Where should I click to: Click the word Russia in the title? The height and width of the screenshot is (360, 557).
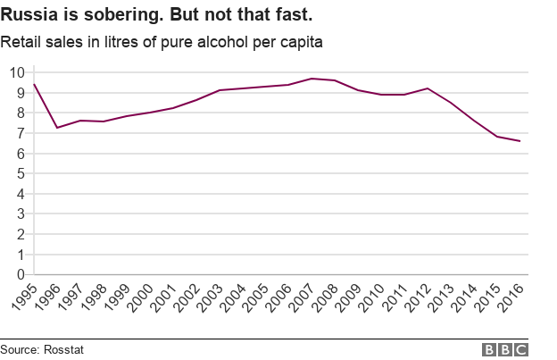26,16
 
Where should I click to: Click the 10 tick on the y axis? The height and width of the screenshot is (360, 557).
16,71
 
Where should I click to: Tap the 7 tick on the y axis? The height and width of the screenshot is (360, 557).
20,133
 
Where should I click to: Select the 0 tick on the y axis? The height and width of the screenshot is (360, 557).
20,275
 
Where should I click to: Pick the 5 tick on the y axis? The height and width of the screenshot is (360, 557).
20,173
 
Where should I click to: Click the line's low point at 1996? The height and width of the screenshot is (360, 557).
57,128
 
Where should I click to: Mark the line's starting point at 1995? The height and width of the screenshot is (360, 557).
34,84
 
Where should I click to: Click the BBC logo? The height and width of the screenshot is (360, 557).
505,349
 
